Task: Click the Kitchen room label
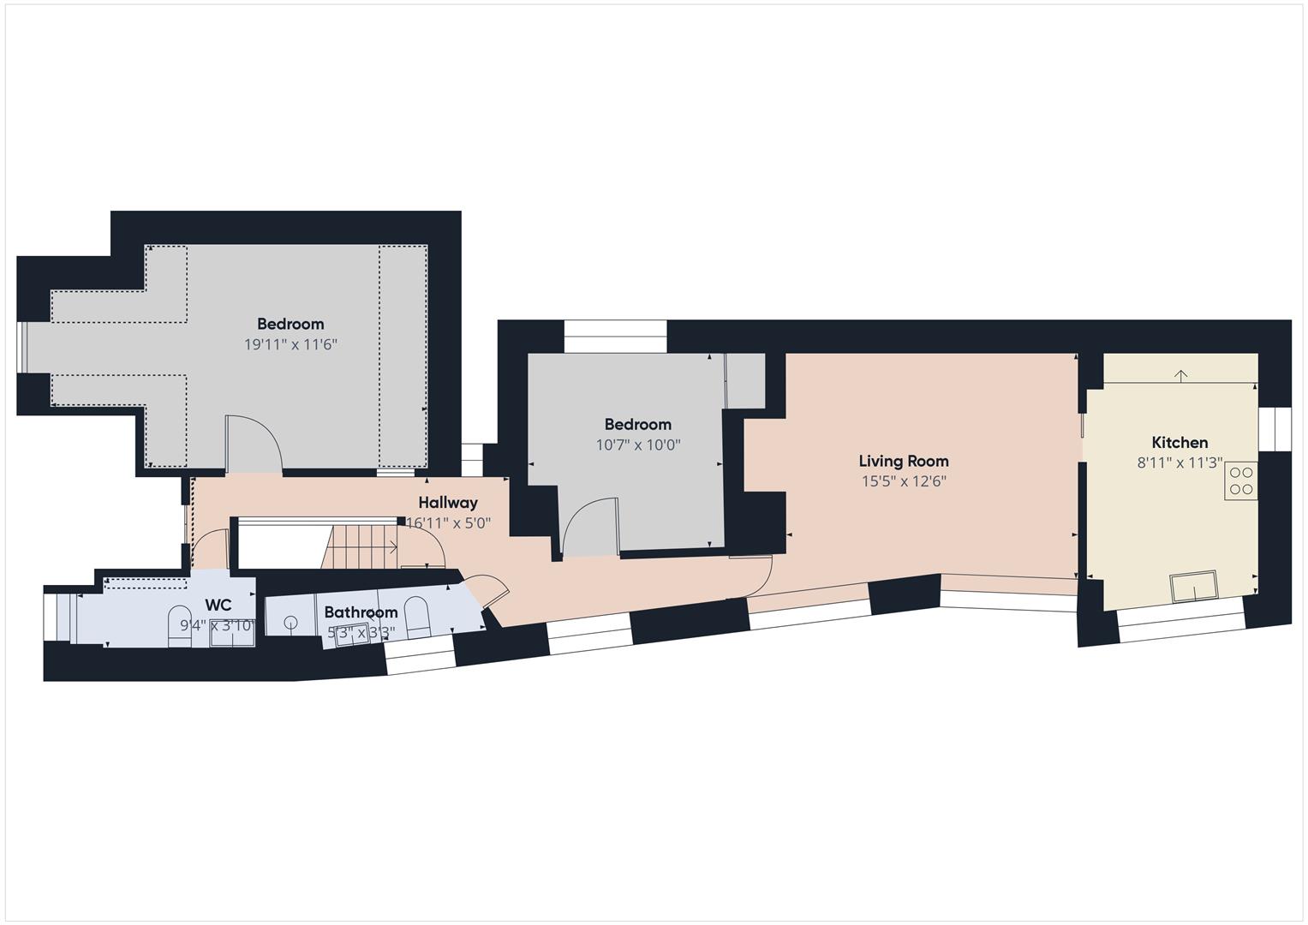pyautogui.click(x=1180, y=443)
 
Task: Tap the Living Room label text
pyautogui.click(x=904, y=462)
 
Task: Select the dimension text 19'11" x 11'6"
pyautogui.click(x=290, y=344)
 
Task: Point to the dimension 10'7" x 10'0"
pyautogui.click(x=638, y=445)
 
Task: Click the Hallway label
pyautogui.click(x=448, y=503)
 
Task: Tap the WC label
pyautogui.click(x=219, y=606)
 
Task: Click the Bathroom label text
pyautogui.click(x=361, y=612)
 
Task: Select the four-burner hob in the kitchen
pyautogui.click(x=1241, y=480)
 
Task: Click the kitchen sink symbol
pyautogui.click(x=1194, y=586)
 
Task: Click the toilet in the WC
pyautogui.click(x=180, y=625)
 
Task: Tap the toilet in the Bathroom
pyautogui.click(x=416, y=616)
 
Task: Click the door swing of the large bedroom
pyautogui.click(x=255, y=442)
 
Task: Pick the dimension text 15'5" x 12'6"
pyautogui.click(x=904, y=482)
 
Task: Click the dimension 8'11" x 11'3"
pyautogui.click(x=1180, y=463)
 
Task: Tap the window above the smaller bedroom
pyautogui.click(x=615, y=336)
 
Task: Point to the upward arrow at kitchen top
pyautogui.click(x=1180, y=375)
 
